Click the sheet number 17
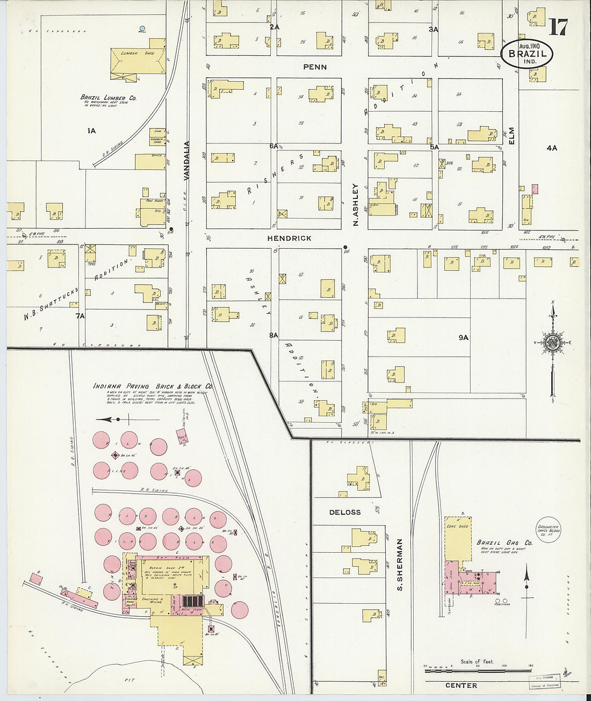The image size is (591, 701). pyautogui.click(x=559, y=26)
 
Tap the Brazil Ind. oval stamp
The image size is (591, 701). pyautogui.click(x=527, y=54)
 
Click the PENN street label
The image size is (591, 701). pyautogui.click(x=315, y=67)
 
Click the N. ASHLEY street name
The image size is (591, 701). pyautogui.click(x=355, y=205)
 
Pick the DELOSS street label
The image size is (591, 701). pyautogui.click(x=344, y=512)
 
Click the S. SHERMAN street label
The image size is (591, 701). pyautogui.click(x=400, y=565)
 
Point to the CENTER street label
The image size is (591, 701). pyautogui.click(x=461, y=685)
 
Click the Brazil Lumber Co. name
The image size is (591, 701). pyautogui.click(x=108, y=98)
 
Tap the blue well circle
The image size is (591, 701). pyautogui.click(x=142, y=28)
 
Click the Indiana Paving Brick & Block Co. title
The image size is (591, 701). pyautogui.click(x=153, y=386)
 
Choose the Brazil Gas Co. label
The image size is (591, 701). pyautogui.click(x=504, y=543)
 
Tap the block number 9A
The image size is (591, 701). pyautogui.click(x=463, y=337)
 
